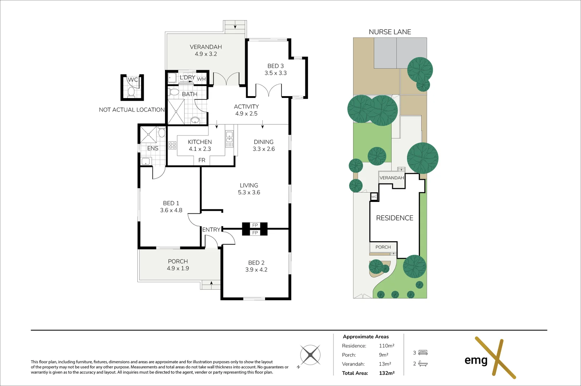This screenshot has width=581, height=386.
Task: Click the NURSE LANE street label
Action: [390, 32]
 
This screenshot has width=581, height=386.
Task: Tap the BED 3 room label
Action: [275, 66]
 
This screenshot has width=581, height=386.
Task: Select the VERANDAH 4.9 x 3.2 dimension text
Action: [206, 54]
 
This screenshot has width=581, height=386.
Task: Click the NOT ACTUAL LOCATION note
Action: [132, 110]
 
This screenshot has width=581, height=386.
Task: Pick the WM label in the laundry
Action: [201, 79]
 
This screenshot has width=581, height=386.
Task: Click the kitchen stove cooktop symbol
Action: [172, 145]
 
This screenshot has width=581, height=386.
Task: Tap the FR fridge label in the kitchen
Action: [202, 160]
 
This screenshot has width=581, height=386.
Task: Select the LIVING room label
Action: [249, 185]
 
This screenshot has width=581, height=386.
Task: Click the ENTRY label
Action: [211, 229]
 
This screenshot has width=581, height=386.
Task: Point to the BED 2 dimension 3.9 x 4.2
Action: [256, 270]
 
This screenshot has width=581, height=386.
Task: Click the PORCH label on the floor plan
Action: [178, 261]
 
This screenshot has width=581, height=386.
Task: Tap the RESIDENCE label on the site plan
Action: [395, 218]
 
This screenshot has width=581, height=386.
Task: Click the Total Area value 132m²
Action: [387, 373]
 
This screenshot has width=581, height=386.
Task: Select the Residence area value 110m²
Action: [387, 346]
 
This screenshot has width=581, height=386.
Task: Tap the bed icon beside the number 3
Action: [423, 352]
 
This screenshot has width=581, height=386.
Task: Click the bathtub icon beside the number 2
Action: [423, 363]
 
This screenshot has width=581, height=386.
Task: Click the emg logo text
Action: [476, 361]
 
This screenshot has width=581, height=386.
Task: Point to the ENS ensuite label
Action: [152, 148]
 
